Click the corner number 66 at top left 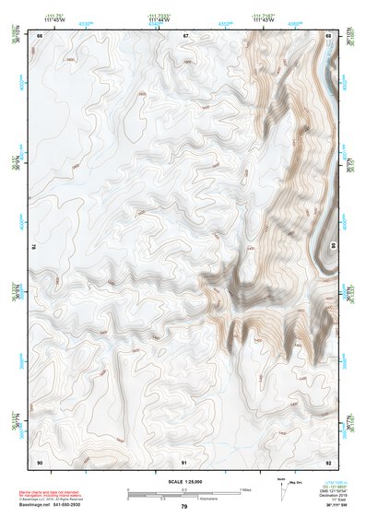tap(39, 35)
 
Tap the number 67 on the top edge tap(185, 35)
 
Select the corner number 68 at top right tap(329, 35)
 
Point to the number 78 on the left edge tap(33, 247)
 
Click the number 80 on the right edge tap(334, 247)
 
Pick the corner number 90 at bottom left tap(39, 461)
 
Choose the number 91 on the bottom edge tap(185, 461)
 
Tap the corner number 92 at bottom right tap(329, 461)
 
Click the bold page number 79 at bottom tap(184, 507)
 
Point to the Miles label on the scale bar tap(246, 488)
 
